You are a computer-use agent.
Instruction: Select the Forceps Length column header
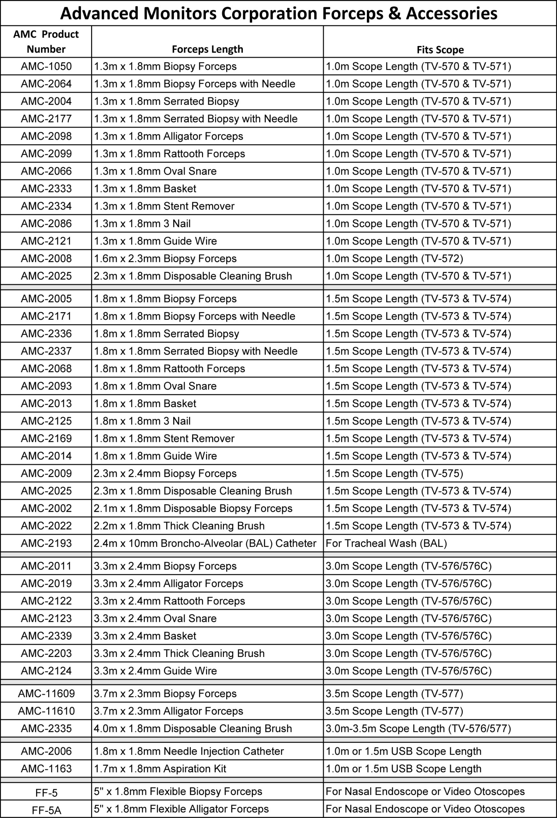pos(207,49)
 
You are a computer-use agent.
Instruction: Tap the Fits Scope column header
pos(440,50)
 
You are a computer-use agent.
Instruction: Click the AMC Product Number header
pos(46,42)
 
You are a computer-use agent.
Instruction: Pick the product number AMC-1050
pos(46,66)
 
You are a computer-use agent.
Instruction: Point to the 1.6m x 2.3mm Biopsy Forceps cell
pos(165,259)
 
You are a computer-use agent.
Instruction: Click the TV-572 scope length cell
pos(394,259)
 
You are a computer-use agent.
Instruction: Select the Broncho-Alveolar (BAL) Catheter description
pos(205,543)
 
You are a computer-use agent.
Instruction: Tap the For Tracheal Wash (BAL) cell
pos(386,543)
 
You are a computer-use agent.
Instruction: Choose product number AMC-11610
pos(46,711)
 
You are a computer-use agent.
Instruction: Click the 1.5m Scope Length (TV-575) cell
pos(394,474)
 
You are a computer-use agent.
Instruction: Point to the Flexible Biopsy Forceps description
pos(178,791)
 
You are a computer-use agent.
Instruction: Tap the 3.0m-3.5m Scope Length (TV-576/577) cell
pos(418,728)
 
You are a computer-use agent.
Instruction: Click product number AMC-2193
pos(46,543)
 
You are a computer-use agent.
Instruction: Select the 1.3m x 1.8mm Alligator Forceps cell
pos(168,136)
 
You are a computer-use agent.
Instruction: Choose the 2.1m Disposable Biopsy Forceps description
pos(193,508)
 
